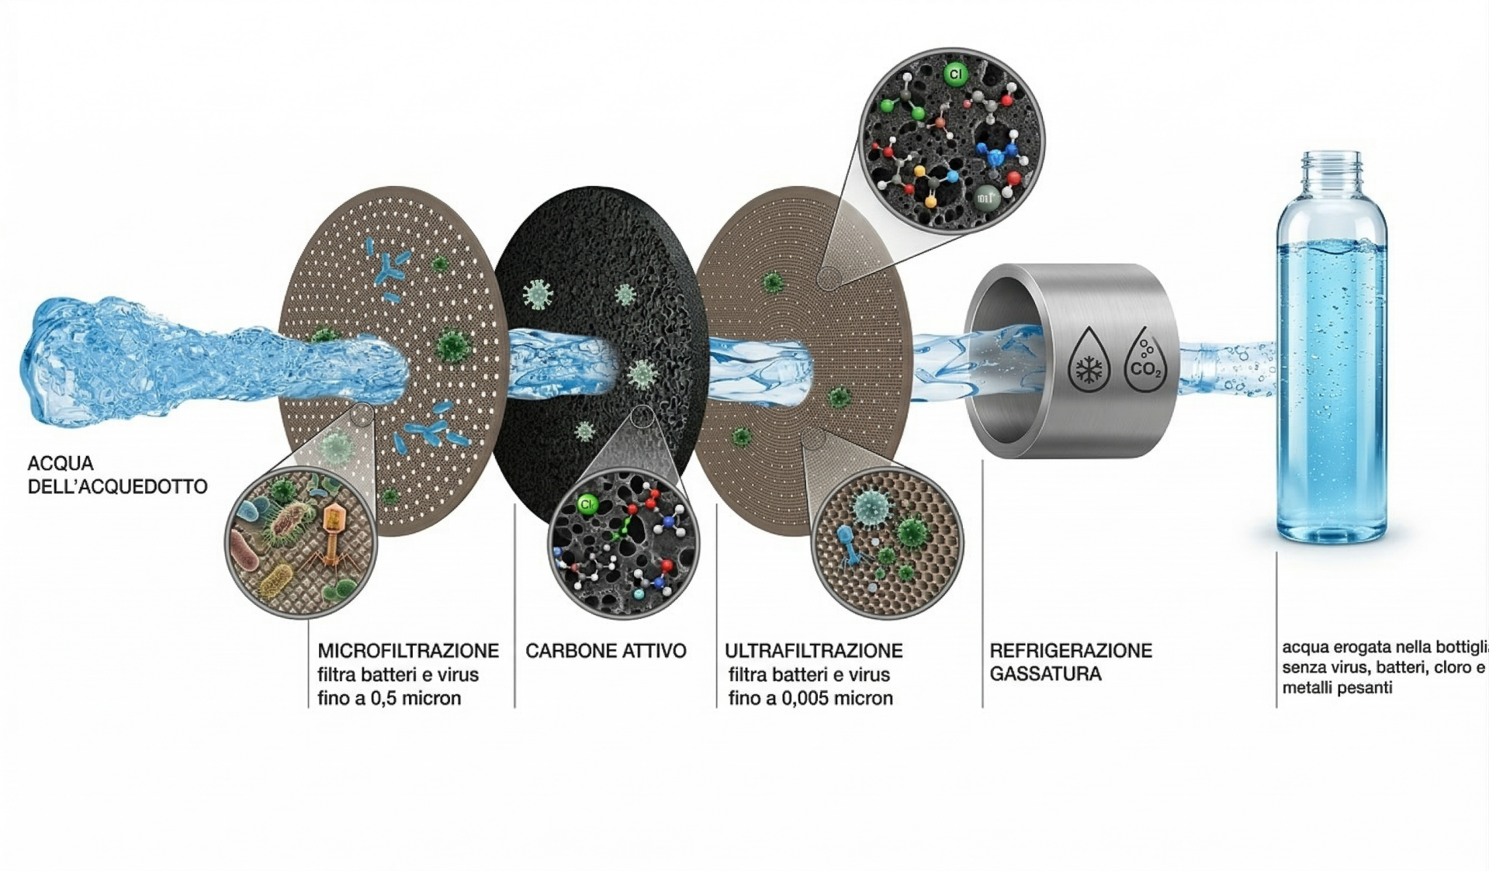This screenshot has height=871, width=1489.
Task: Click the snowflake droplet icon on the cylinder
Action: pyautogui.click(x=1089, y=361)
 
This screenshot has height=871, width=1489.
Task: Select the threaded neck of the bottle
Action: pyautogui.click(x=1331, y=168)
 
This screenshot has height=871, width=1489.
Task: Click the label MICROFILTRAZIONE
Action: pyautogui.click(x=408, y=651)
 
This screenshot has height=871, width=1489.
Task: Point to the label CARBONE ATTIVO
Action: pyautogui.click(x=605, y=651)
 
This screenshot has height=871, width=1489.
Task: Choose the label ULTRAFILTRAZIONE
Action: pyautogui.click(x=813, y=651)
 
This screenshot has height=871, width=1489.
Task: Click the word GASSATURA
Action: pyautogui.click(x=1045, y=674)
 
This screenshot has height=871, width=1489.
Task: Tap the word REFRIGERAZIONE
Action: pyautogui.click(x=1071, y=651)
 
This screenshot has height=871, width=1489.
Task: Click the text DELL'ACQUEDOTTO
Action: pyautogui.click(x=117, y=487)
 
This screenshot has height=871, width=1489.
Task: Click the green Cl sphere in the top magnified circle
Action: pyautogui.click(x=955, y=74)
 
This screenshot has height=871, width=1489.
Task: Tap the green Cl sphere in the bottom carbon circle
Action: pyautogui.click(x=587, y=505)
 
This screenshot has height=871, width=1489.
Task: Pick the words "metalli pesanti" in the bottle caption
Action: pyautogui.click(x=1337, y=688)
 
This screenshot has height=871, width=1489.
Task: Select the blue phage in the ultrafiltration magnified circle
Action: pyautogui.click(x=847, y=541)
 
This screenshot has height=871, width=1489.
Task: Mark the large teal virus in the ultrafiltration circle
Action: pyautogui.click(x=871, y=507)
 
